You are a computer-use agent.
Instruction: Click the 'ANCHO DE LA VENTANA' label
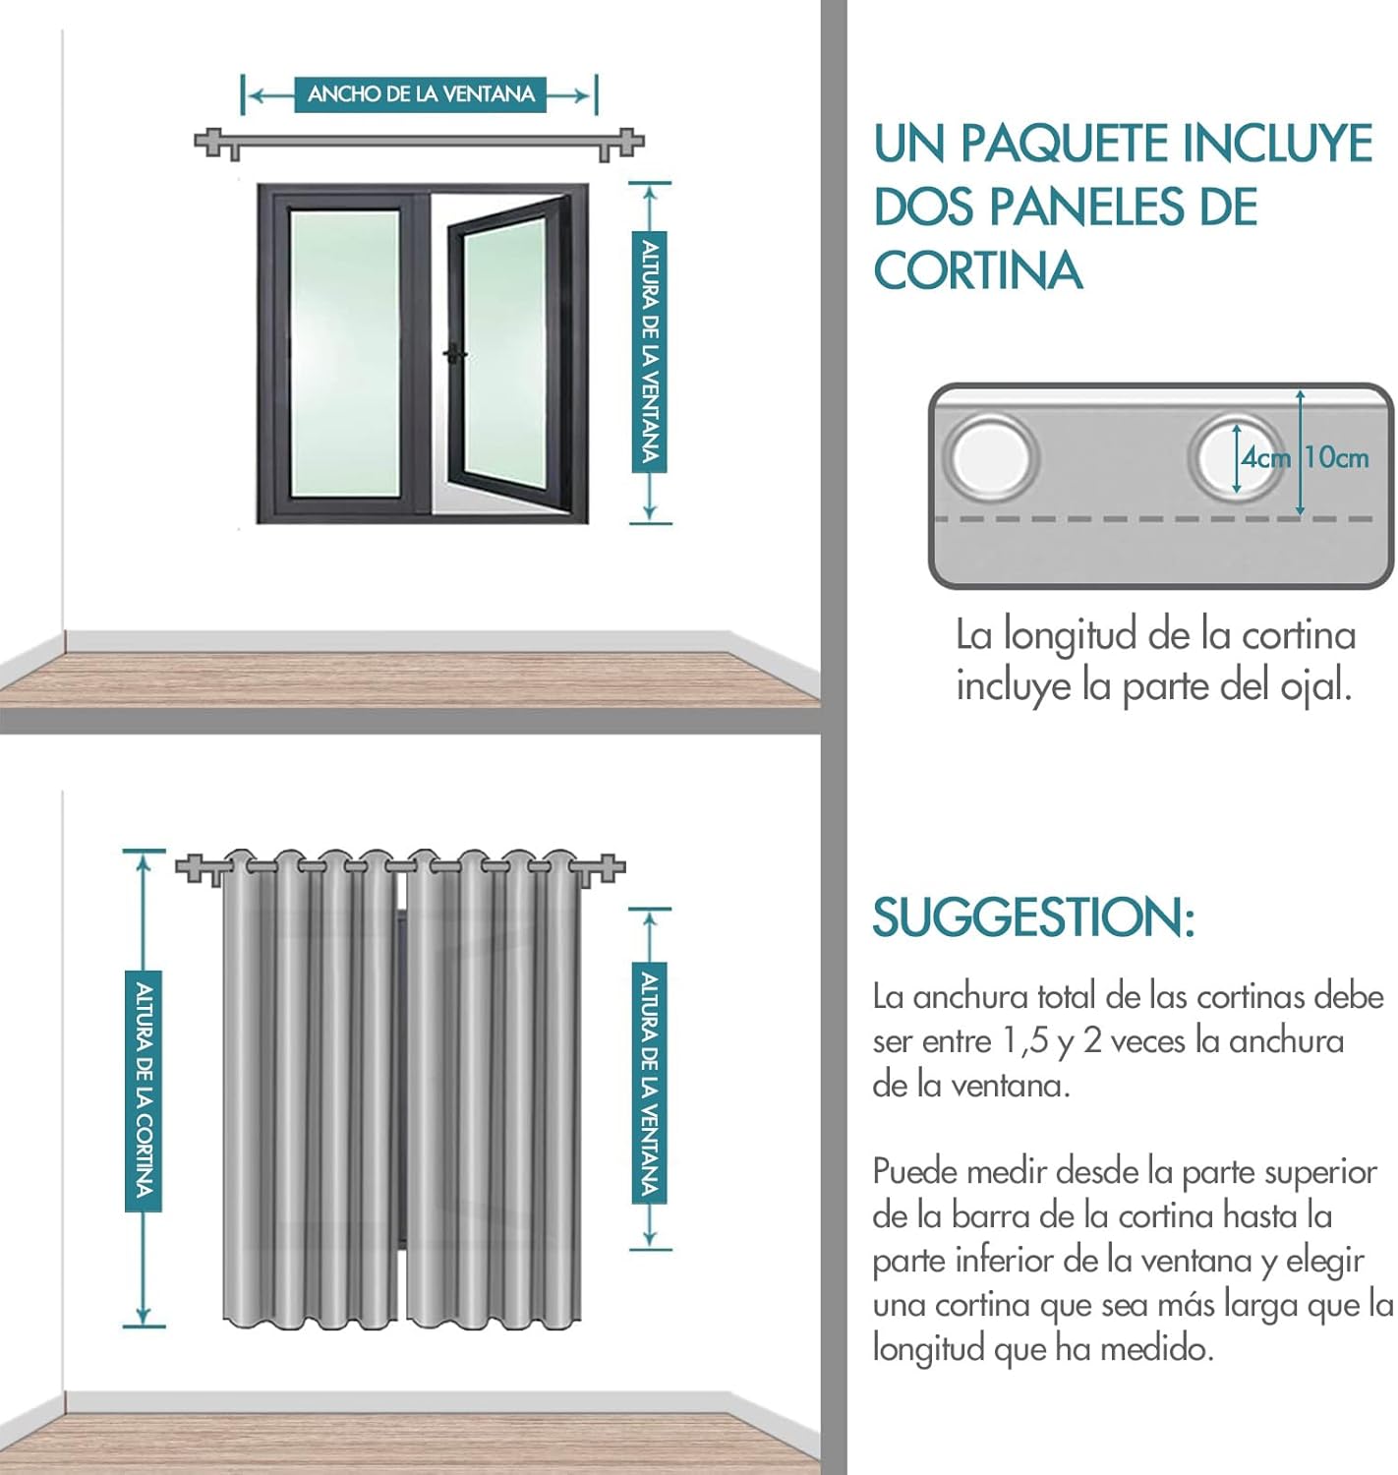pyautogui.click(x=421, y=94)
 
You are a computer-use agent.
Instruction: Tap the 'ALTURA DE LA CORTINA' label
pyautogui.click(x=144, y=1091)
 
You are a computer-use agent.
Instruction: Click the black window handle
pyautogui.click(x=453, y=354)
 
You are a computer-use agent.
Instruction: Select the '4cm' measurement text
pyautogui.click(x=1264, y=458)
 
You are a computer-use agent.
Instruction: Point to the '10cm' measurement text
pyautogui.click(x=1337, y=457)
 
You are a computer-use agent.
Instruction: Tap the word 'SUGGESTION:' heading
pyautogui.click(x=1032, y=917)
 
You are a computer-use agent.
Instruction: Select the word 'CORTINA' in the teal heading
pyautogui.click(x=978, y=270)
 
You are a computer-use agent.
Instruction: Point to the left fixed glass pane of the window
pyautogui.click(x=344, y=352)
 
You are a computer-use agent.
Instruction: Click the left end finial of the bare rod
pyautogui.click(x=208, y=143)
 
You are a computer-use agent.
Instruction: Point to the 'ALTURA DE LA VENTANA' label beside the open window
pyautogui.click(x=649, y=352)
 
